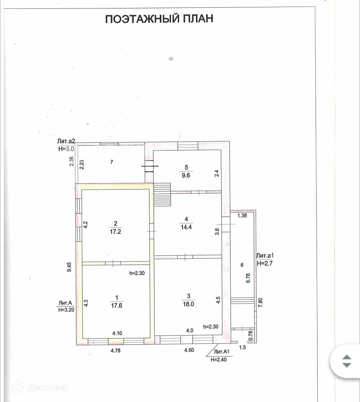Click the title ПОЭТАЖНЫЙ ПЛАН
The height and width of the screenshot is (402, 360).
click(159, 19)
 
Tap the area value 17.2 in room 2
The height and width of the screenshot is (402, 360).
click(115, 232)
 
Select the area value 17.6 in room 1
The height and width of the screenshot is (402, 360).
click(116, 305)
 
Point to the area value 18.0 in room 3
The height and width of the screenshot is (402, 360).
click(188, 304)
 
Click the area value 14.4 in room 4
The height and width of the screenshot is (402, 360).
click(186, 227)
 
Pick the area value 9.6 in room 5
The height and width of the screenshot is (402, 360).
click(186, 175)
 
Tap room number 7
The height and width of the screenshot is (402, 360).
click(112, 162)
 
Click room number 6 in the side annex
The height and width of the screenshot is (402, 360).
click(242, 265)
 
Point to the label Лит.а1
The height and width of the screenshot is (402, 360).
click(265, 256)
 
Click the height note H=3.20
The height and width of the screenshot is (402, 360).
click(66, 309)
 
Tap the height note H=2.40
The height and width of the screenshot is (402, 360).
click(218, 360)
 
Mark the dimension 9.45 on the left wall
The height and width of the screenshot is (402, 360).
click(69, 267)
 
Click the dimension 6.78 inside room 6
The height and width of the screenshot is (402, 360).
click(248, 278)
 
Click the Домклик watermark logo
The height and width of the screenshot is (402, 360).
click(40, 388)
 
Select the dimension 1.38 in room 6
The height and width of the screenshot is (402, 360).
click(242, 216)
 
